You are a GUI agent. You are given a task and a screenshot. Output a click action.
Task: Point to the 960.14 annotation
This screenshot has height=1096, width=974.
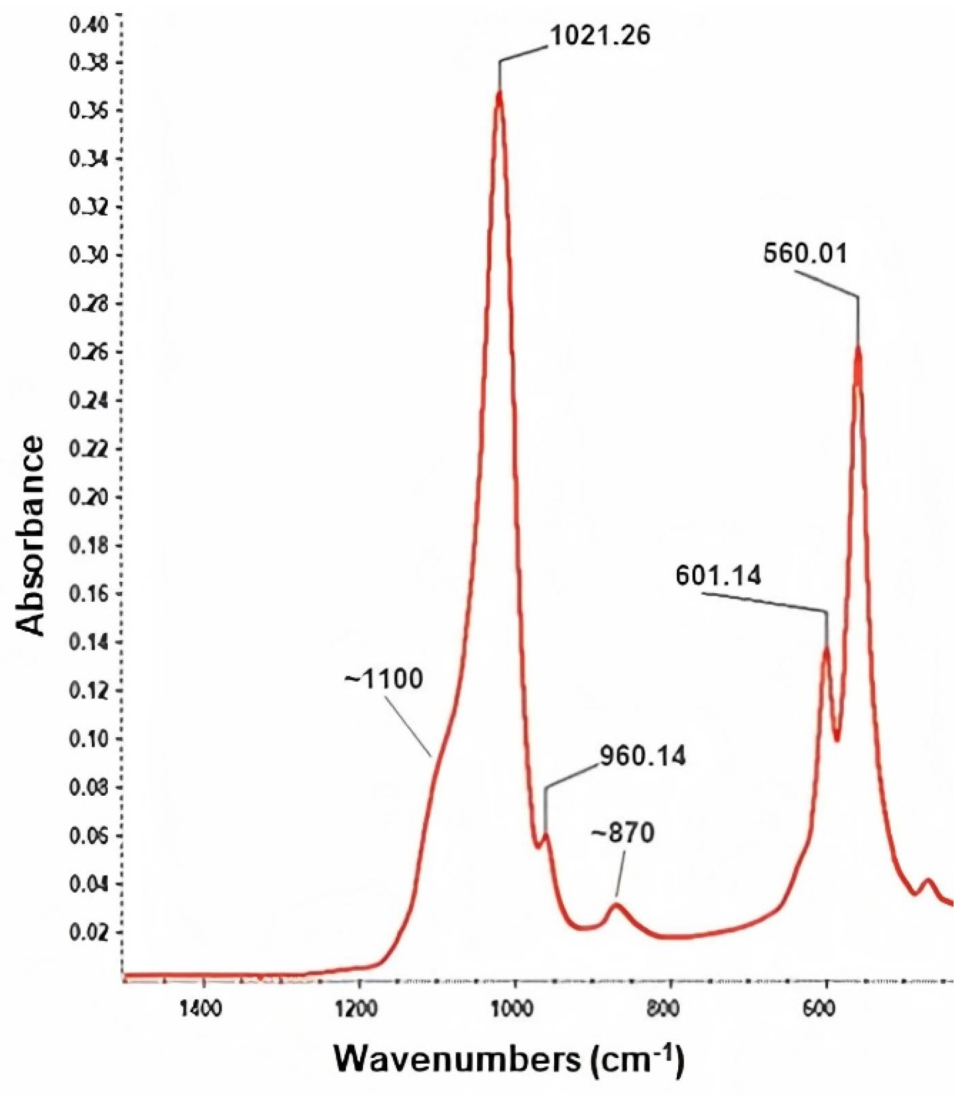[x=642, y=756]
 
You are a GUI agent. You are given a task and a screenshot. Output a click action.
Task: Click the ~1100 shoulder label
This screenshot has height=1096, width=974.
[x=384, y=680]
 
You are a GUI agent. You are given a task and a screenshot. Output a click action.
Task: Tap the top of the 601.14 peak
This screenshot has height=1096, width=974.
[x=826, y=649]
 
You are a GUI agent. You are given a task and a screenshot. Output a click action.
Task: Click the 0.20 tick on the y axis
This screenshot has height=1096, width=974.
[x=89, y=498]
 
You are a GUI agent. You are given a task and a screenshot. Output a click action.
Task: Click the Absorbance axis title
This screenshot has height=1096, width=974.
[x=30, y=536]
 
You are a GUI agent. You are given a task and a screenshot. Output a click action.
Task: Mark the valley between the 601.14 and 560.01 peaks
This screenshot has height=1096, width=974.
[x=837, y=740]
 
